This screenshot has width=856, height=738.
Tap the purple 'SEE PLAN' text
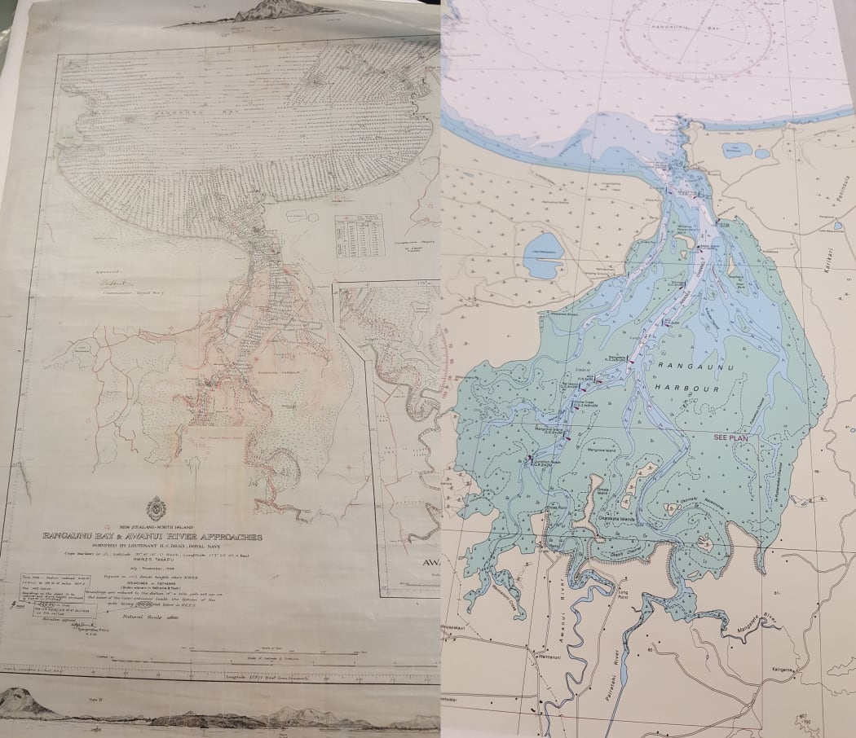click(730, 437)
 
